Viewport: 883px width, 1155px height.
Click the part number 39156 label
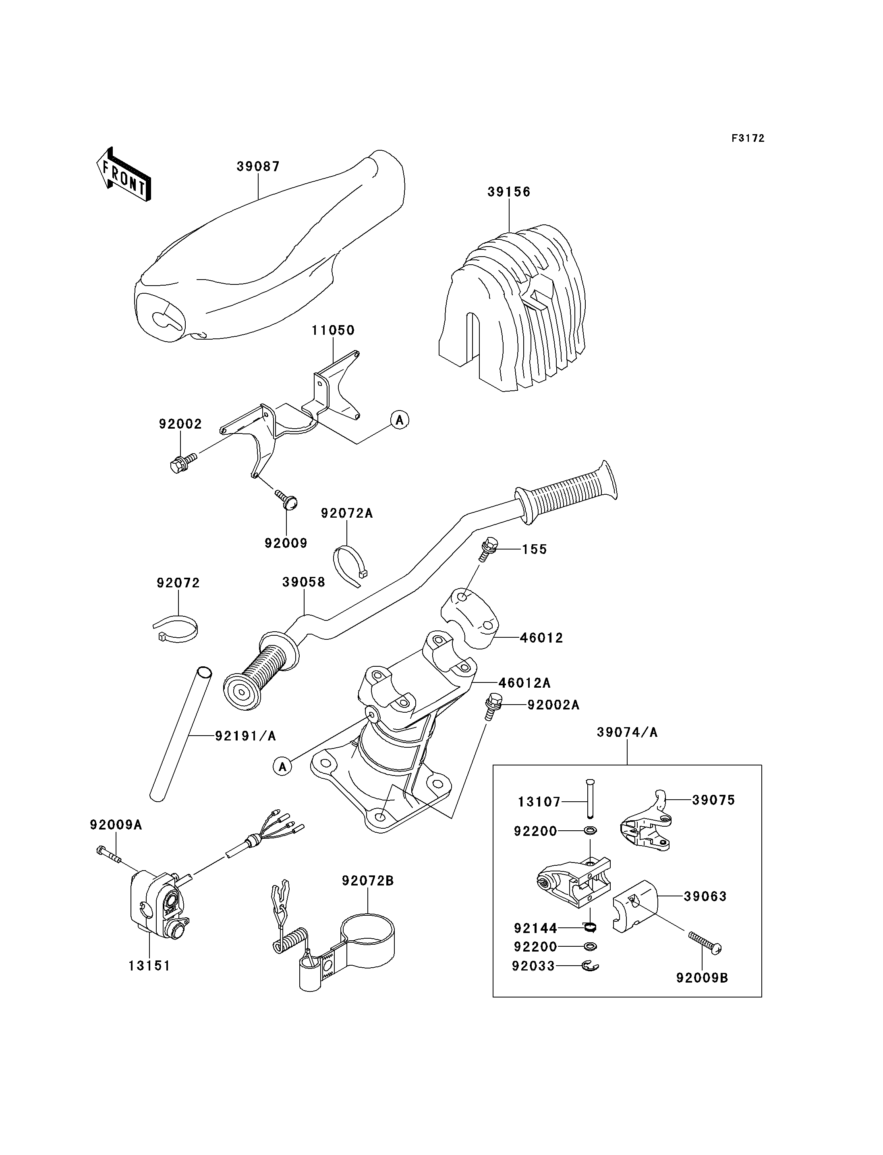click(x=509, y=192)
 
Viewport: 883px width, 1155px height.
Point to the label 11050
click(x=333, y=330)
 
